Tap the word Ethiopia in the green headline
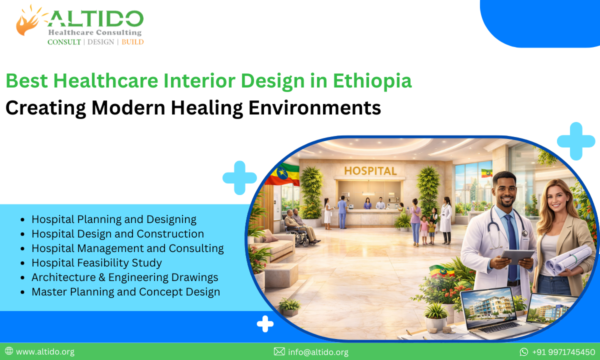[x=373, y=81]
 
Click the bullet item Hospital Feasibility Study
[x=96, y=262]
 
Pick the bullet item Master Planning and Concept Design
[x=125, y=291]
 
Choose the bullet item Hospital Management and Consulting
[x=127, y=248]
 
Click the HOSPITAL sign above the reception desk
[x=370, y=170]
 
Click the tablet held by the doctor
[x=517, y=256]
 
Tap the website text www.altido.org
[x=45, y=352]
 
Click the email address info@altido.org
[x=318, y=352]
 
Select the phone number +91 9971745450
[x=563, y=352]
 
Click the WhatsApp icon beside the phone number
[x=524, y=352]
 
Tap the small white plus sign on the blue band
[x=265, y=324]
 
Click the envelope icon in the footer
[x=279, y=352]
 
